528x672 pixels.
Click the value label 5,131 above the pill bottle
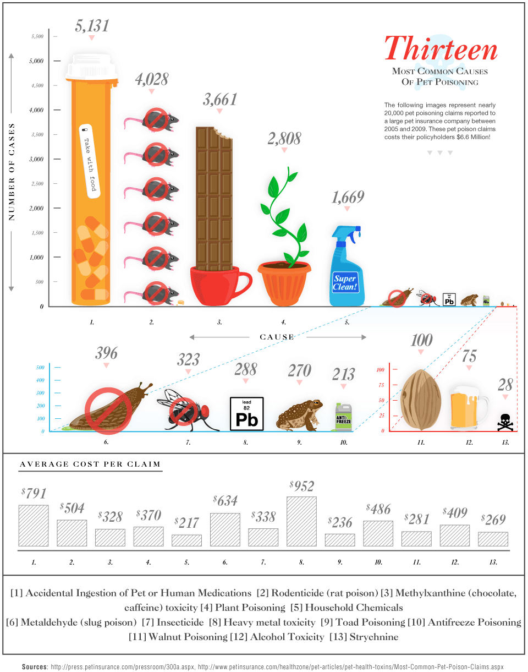click(91, 25)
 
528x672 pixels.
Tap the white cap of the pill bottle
click(92, 68)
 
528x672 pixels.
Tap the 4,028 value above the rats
click(151, 79)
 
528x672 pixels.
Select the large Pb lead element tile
click(246, 413)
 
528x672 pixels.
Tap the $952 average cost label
click(301, 486)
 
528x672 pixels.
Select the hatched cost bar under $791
click(34, 526)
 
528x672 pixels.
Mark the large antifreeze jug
click(343, 416)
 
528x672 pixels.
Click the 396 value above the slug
click(106, 352)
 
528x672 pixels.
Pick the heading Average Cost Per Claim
click(90, 464)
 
